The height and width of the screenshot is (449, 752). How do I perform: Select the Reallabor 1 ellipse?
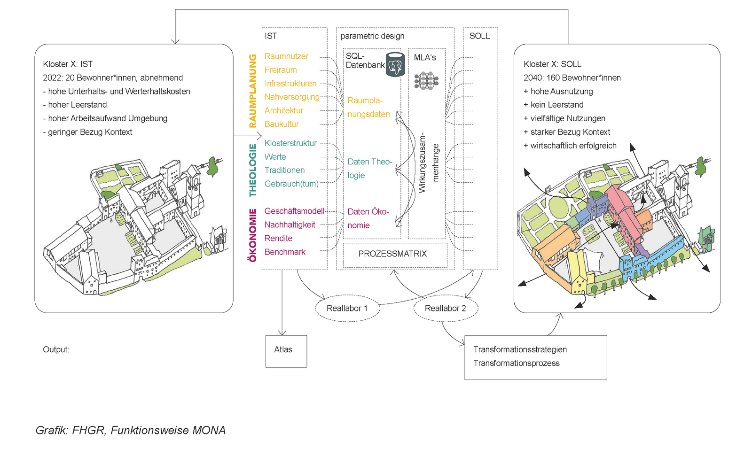(347, 309)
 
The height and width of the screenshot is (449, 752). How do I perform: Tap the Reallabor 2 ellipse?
(446, 309)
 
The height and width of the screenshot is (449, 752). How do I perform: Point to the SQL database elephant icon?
(395, 65)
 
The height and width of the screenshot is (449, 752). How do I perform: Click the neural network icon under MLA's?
(426, 80)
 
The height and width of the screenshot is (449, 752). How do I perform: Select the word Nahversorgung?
(292, 97)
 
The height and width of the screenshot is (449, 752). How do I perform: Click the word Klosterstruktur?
(290, 143)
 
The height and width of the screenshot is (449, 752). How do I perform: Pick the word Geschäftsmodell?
(294, 211)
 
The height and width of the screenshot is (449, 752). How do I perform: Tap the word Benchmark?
(285, 252)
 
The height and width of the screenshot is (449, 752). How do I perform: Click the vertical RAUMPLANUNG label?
(253, 91)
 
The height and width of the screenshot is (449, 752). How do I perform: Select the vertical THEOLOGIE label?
(253, 170)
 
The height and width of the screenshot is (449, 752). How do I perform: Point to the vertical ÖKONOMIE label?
(253, 235)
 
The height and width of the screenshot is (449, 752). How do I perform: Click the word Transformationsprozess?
(516, 364)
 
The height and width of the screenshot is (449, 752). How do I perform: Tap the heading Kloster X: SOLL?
(552, 64)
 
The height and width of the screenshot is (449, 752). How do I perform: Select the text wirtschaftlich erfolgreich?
(573, 146)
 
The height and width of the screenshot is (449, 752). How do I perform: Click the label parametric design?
(372, 36)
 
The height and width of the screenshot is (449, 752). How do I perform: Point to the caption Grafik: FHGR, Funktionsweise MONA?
(131, 430)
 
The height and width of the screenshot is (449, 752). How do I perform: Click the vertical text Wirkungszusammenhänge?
(428, 163)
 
